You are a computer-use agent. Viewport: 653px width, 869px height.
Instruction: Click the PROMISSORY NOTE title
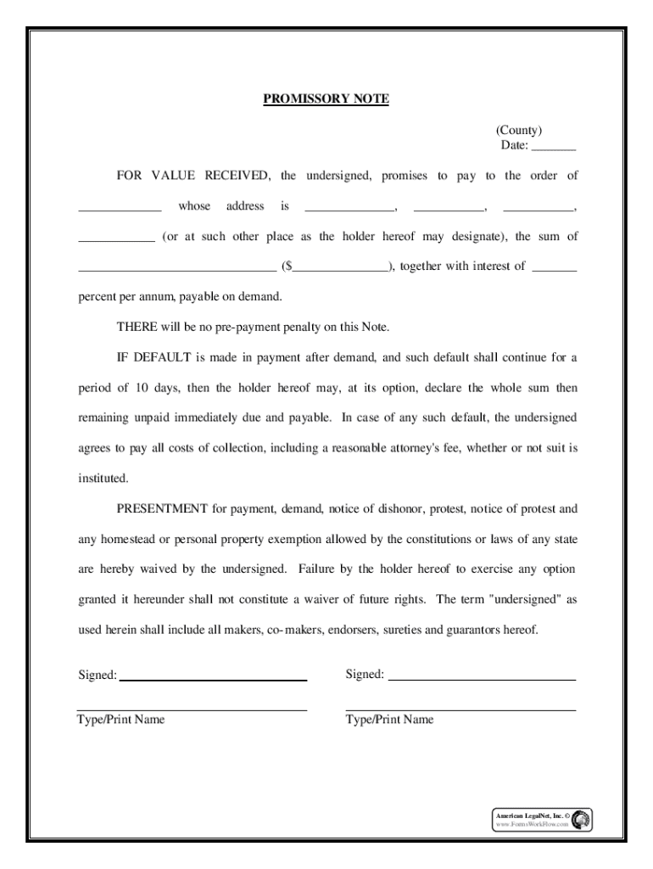(x=326, y=99)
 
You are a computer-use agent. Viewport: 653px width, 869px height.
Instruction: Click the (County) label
(x=519, y=131)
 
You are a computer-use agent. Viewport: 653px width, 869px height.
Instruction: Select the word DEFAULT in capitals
(x=161, y=357)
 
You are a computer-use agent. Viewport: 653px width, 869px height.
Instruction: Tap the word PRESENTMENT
(x=162, y=509)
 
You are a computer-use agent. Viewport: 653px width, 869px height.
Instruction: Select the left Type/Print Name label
(x=121, y=720)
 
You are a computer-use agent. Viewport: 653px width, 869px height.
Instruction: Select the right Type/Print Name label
(x=389, y=720)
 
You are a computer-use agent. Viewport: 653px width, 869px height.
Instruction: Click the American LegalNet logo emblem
(x=582, y=820)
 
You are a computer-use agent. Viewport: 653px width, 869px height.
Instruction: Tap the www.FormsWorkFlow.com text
(x=532, y=825)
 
